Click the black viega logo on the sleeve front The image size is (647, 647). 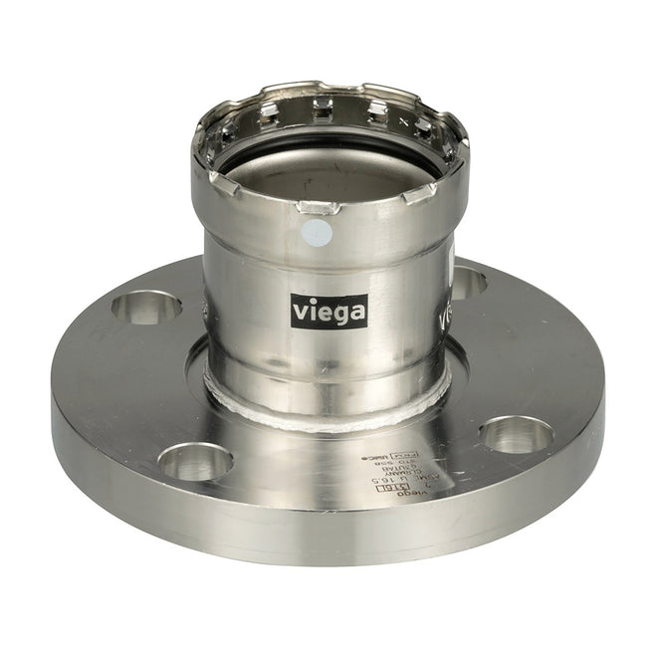coord(328,311)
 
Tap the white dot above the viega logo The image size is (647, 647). coord(316,234)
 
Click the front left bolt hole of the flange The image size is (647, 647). coord(195,461)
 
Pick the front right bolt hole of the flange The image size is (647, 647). coord(516,433)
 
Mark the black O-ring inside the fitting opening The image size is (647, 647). coord(328,149)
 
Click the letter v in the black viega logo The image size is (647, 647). coord(300,312)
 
